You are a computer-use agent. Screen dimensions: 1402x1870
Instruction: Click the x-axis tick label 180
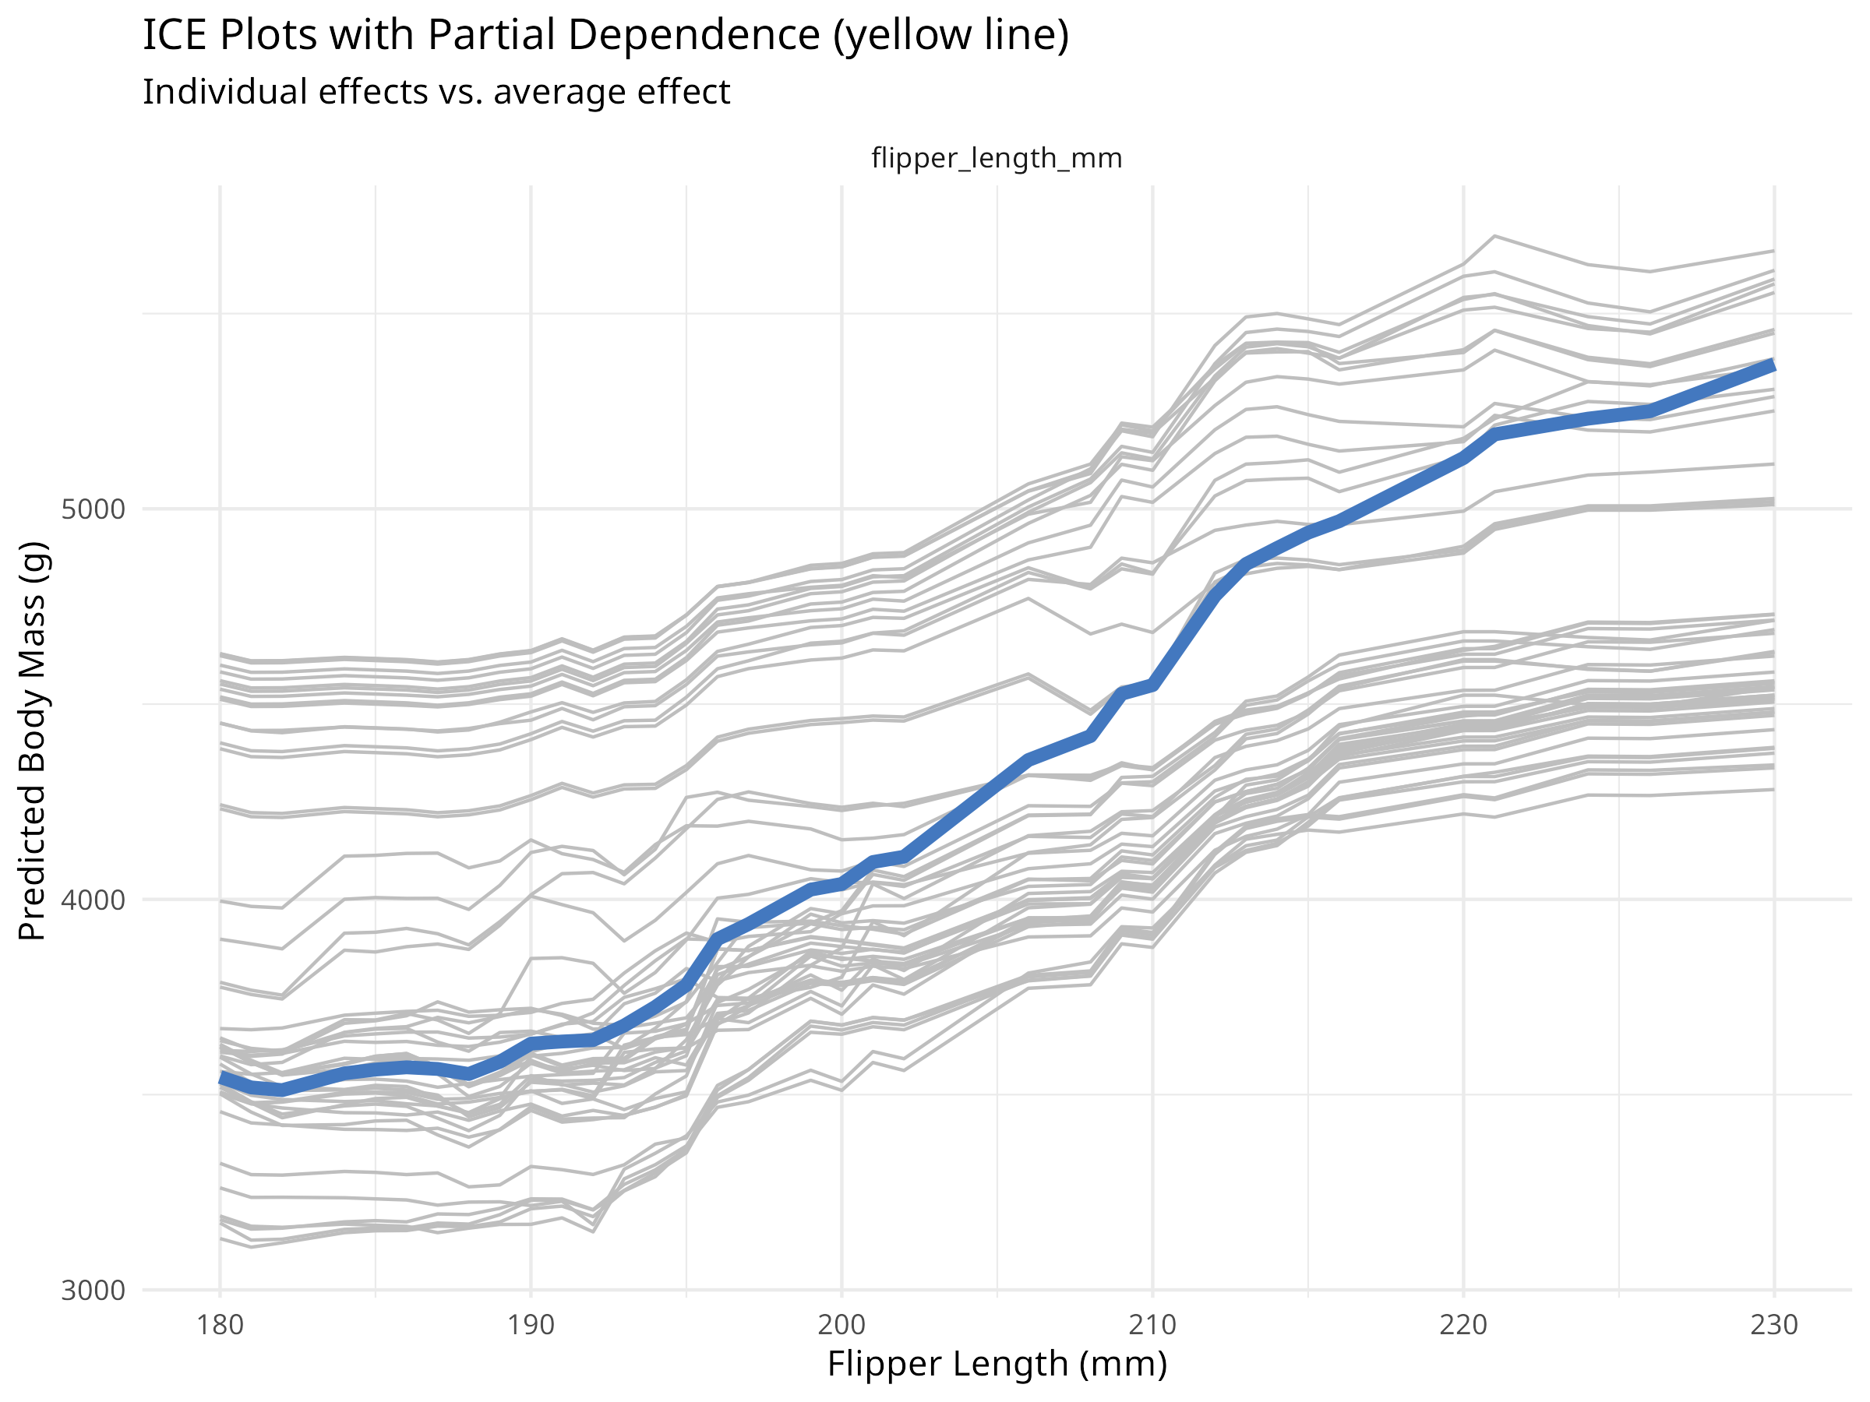[220, 1324]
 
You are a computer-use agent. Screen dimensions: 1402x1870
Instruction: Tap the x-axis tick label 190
[531, 1324]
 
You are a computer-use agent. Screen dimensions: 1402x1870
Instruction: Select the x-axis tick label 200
[841, 1324]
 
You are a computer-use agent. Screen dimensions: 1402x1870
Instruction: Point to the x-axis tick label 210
[1152, 1324]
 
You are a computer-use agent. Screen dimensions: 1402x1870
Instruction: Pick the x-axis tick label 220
[1463, 1324]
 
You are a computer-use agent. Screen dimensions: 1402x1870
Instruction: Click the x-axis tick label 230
[1773, 1324]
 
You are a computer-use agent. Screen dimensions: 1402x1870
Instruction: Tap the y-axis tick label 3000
[93, 1291]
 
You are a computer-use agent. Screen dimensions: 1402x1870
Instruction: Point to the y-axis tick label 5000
[93, 509]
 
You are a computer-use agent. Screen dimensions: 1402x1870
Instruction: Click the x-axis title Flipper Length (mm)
[997, 1364]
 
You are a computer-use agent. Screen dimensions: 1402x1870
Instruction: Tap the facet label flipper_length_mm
[997, 158]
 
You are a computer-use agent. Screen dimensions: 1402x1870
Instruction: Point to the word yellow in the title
[898, 36]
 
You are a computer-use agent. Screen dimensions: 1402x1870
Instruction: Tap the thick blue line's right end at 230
[1773, 365]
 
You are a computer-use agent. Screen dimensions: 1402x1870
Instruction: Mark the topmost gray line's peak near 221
[1494, 236]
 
